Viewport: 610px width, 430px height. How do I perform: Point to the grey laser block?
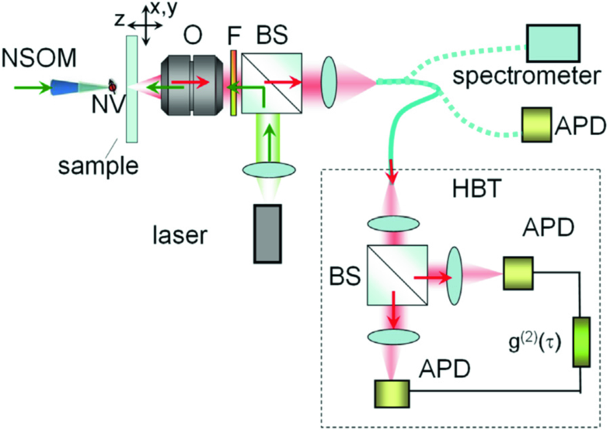pos(269,234)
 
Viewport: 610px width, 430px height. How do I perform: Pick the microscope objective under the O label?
pos(192,85)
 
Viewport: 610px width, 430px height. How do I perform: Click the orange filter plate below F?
pos(233,85)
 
